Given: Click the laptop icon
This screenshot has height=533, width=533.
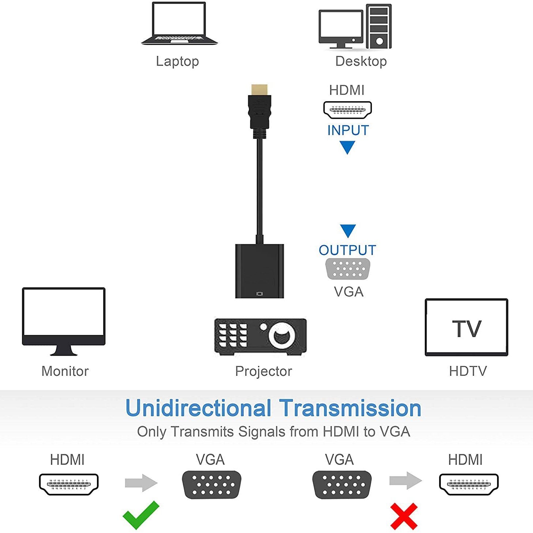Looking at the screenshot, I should [179, 24].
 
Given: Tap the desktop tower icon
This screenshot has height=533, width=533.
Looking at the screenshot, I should [379, 26].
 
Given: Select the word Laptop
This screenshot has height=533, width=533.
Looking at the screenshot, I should [177, 61].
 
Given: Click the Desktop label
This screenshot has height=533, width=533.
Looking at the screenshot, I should [361, 61].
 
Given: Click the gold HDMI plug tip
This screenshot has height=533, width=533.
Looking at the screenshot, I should [259, 89].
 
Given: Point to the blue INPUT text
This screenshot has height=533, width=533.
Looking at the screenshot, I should [348, 131].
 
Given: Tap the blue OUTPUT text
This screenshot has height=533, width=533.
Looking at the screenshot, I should [347, 250].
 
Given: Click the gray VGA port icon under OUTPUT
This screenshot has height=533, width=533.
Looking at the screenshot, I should [348, 269].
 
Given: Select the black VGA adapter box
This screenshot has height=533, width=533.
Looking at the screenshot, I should [259, 271].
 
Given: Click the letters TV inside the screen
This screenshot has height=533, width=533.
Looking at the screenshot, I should [466, 329].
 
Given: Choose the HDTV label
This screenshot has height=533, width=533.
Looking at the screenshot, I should [468, 371].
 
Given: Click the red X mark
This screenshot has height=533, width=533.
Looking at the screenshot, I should [404, 516].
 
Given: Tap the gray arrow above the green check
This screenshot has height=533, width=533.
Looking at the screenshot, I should [141, 483].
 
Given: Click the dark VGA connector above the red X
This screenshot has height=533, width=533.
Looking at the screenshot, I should [342, 485].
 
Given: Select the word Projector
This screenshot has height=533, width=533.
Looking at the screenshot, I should [264, 371].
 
